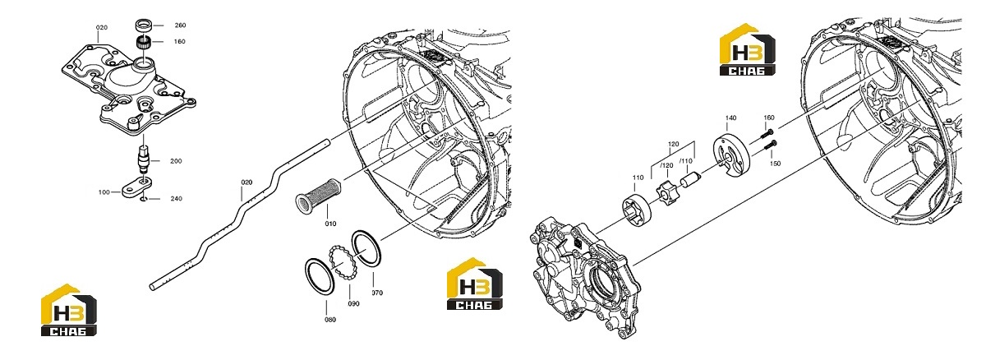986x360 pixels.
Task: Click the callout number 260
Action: tap(180, 25)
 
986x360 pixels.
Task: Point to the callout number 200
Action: tap(176, 161)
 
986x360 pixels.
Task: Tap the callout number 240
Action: tap(176, 198)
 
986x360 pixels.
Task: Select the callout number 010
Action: tap(330, 224)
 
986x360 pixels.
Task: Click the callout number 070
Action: tap(377, 293)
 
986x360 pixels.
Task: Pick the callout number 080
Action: tap(330, 320)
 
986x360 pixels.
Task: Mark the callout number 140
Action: tap(730, 118)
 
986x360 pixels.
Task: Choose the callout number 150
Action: tap(775, 164)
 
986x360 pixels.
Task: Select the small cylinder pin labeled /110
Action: tap(689, 179)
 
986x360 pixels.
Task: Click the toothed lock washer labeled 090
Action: tap(343, 261)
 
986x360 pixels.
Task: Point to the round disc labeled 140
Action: tap(730, 157)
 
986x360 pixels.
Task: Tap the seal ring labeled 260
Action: tap(144, 25)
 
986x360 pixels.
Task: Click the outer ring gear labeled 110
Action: tap(637, 208)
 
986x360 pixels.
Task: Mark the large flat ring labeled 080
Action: tap(320, 276)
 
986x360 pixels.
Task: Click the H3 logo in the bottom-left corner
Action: tap(69, 310)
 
